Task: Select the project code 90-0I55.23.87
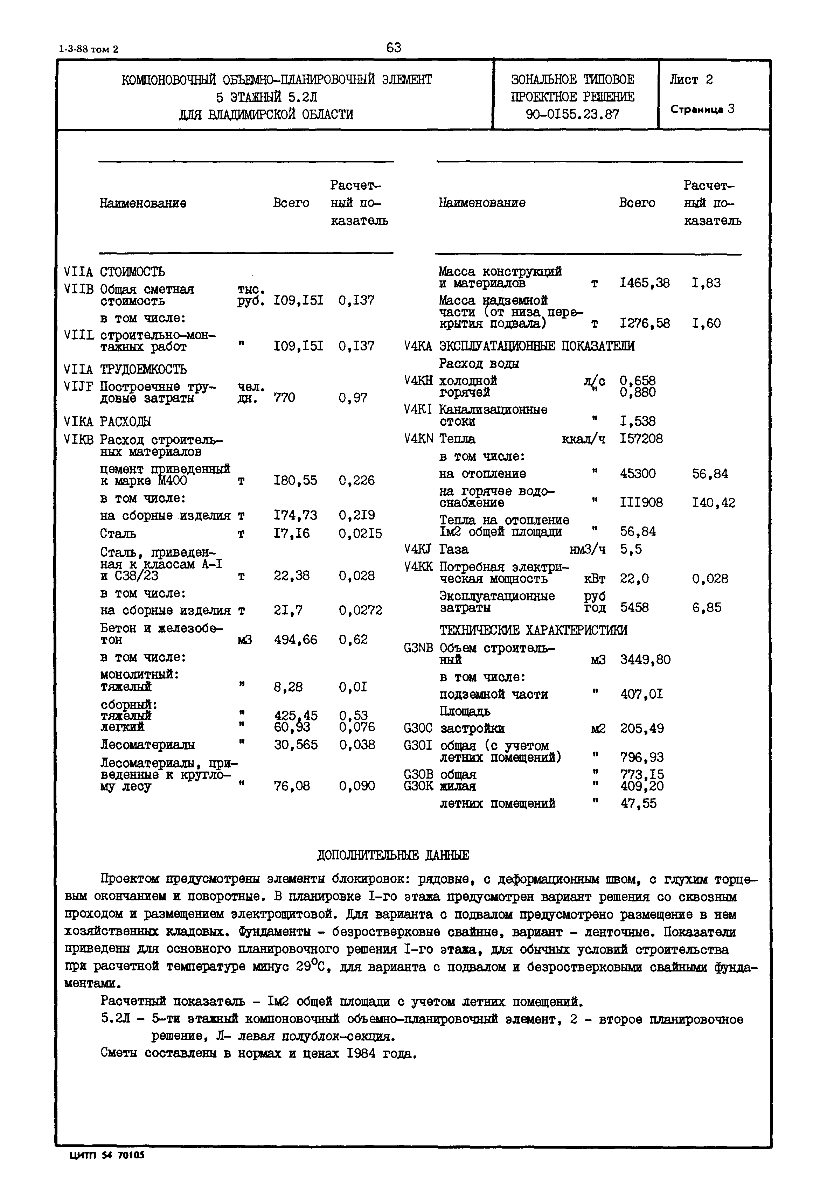tap(572, 114)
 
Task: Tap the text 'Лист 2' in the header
tap(691, 80)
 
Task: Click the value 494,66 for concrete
tap(296, 640)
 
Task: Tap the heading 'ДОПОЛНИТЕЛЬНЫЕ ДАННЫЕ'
tap(393, 856)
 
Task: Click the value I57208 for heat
tap(641, 439)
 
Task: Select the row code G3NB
tap(418, 648)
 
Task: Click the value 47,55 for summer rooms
tap(638, 804)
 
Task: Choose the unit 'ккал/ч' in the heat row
tap(583, 439)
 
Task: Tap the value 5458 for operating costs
tap(634, 608)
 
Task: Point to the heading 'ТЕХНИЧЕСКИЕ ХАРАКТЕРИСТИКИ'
tap(533, 630)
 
